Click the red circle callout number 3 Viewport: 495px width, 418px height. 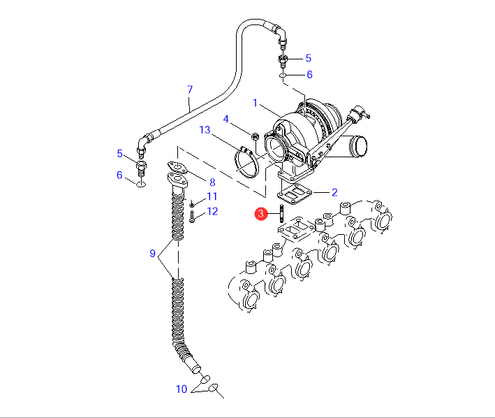260,214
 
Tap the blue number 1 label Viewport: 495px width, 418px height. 255,103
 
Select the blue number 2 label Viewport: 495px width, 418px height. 334,192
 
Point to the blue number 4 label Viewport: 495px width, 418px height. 226,119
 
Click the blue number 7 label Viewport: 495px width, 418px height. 190,89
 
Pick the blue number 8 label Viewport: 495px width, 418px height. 212,182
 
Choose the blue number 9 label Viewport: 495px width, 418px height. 152,254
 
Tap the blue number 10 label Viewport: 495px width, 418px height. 182,389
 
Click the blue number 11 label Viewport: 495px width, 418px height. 212,196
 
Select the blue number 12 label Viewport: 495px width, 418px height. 212,211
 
